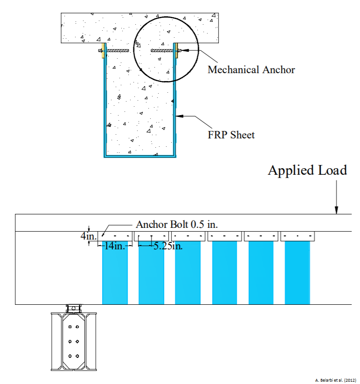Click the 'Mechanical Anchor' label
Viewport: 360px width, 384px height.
251,70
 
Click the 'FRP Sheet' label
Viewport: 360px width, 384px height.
231,135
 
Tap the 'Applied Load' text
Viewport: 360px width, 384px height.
307,170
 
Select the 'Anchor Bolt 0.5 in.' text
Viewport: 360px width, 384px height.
177,224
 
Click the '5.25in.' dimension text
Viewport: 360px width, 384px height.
168,246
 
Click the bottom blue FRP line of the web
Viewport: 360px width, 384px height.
139,156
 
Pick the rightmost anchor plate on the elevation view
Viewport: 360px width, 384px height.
297,236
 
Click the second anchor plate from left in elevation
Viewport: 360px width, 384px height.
151,236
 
